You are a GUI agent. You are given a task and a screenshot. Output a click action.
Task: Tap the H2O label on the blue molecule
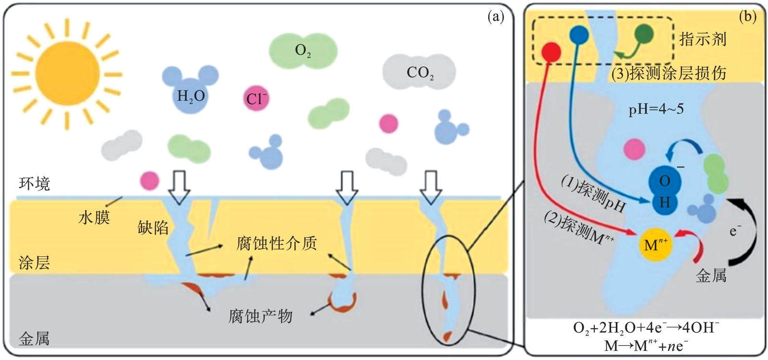(191, 96)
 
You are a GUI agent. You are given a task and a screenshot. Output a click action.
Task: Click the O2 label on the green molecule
(302, 50)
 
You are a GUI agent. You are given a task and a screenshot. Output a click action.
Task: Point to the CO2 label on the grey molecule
(420, 72)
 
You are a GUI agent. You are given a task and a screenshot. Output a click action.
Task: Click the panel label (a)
(496, 17)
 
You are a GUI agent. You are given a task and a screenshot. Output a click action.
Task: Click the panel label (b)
(747, 17)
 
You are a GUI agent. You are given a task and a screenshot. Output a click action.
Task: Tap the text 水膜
(94, 218)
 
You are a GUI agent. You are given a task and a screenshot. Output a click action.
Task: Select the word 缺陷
(153, 228)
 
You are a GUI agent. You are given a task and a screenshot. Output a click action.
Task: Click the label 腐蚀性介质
(276, 243)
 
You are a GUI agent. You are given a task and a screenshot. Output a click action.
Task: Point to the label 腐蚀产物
(260, 316)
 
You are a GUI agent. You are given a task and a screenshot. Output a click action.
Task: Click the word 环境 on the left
(34, 183)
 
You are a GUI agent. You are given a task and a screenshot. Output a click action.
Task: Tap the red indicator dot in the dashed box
(551, 51)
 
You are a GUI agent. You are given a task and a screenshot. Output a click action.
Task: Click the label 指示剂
(703, 39)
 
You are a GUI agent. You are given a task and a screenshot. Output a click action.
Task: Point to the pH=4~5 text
(656, 110)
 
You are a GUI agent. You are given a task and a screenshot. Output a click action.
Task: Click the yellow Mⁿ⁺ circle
(655, 245)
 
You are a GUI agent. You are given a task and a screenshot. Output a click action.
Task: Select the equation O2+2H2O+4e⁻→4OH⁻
(646, 328)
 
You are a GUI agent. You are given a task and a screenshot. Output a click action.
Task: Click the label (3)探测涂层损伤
(669, 73)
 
